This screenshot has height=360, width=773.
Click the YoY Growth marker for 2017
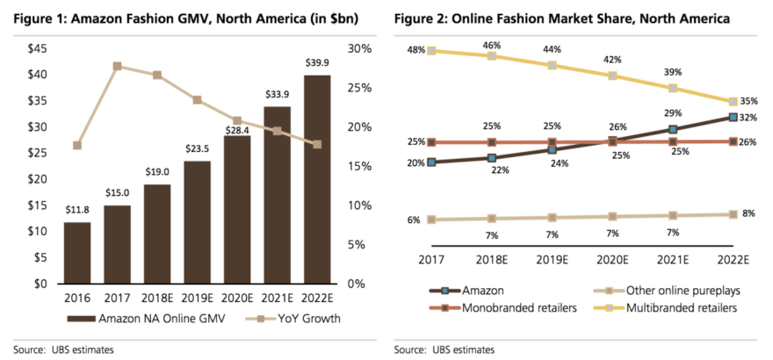coord(117,66)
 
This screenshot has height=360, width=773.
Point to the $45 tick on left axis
coord(38,48)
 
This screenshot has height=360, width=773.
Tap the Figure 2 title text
coord(562,18)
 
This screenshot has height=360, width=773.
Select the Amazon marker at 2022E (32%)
coord(733,117)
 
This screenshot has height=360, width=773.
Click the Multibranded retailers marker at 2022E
coord(733,103)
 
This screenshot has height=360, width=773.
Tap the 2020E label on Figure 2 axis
coord(612,260)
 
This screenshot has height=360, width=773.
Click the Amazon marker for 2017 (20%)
coord(431,162)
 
